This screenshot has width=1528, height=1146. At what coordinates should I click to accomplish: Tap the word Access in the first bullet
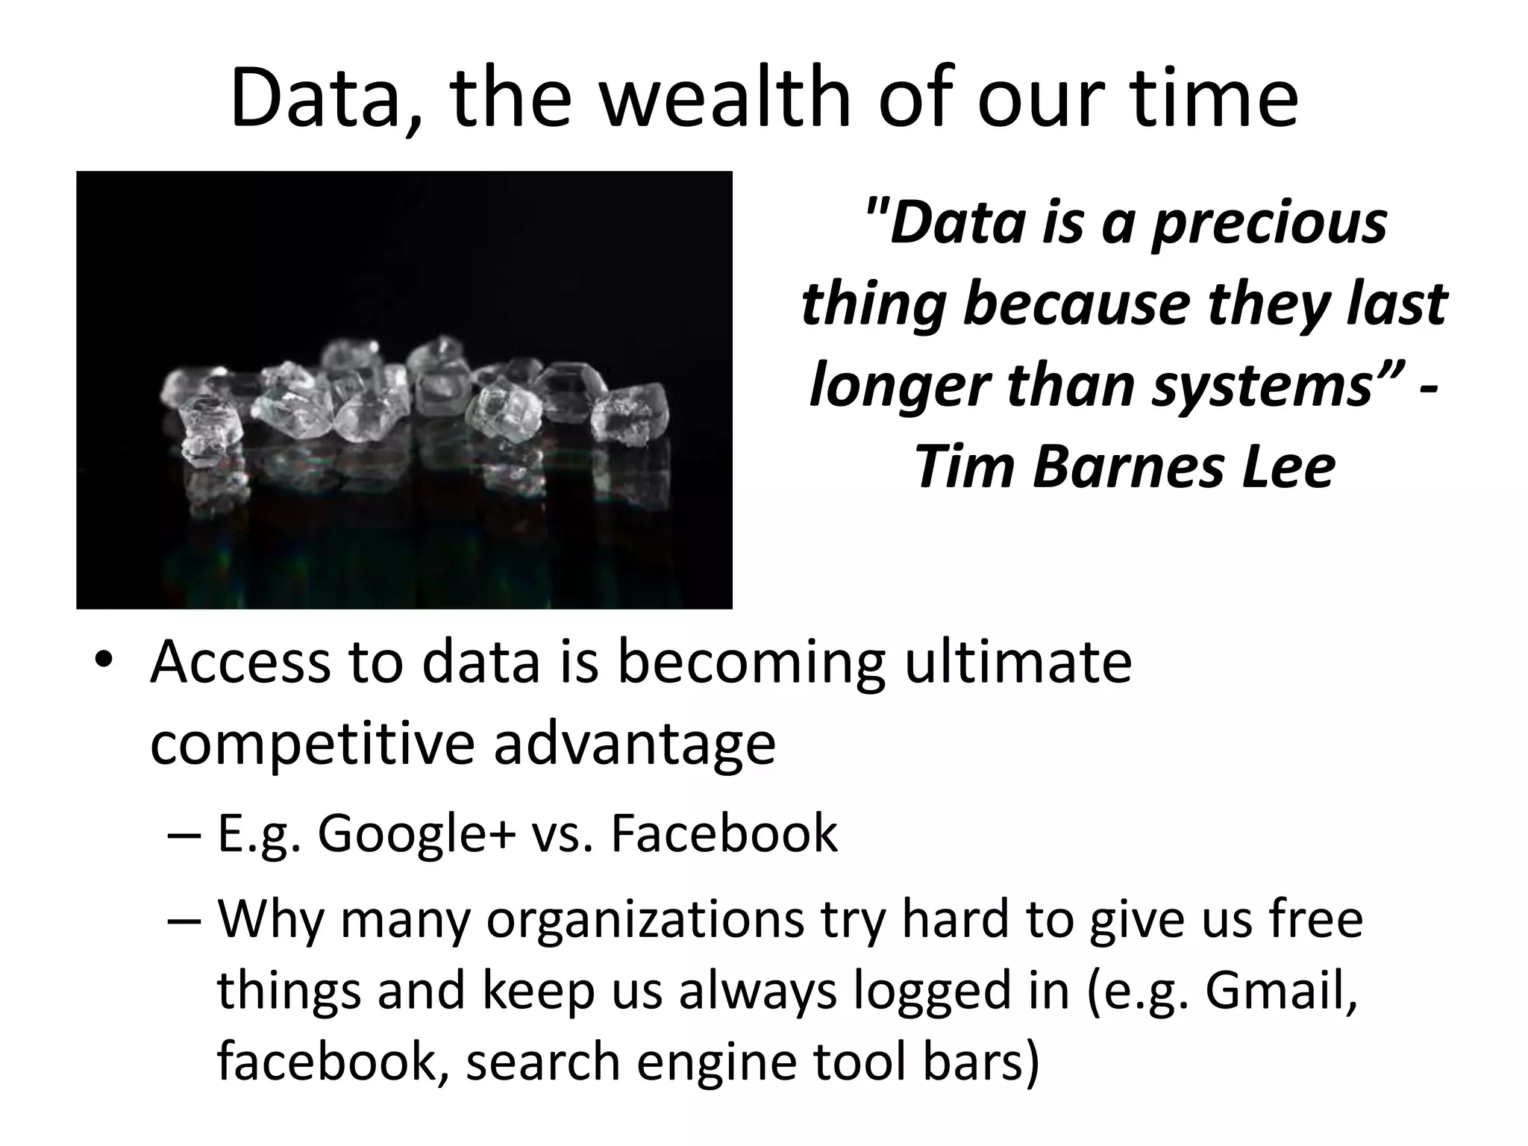[239, 663]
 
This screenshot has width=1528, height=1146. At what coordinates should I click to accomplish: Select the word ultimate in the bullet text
[1018, 663]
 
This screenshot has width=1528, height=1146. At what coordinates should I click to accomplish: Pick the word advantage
[634, 745]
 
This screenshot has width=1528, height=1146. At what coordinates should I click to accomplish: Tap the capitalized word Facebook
[724, 835]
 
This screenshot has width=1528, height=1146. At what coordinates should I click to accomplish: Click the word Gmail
[1280, 991]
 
